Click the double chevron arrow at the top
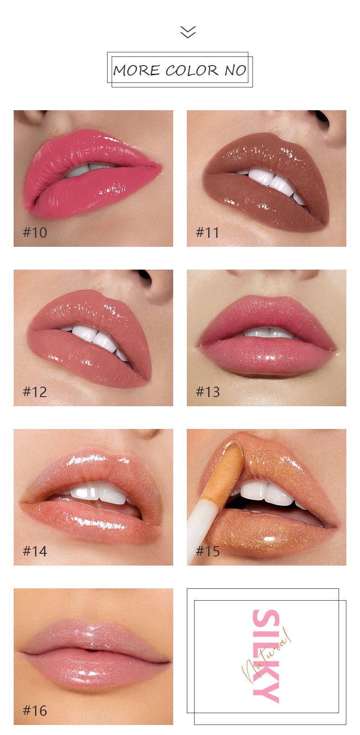coord(188,32)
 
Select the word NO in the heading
coord(235,70)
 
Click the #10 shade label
coord(35,233)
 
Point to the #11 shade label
coord(208,233)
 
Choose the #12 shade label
coord(35,392)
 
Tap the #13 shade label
coord(208,392)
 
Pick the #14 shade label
coord(35,551)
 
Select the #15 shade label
coord(208,551)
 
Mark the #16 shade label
coord(35,711)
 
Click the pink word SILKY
coord(265,656)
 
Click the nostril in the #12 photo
coord(144,276)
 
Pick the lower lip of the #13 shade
coord(267,357)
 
